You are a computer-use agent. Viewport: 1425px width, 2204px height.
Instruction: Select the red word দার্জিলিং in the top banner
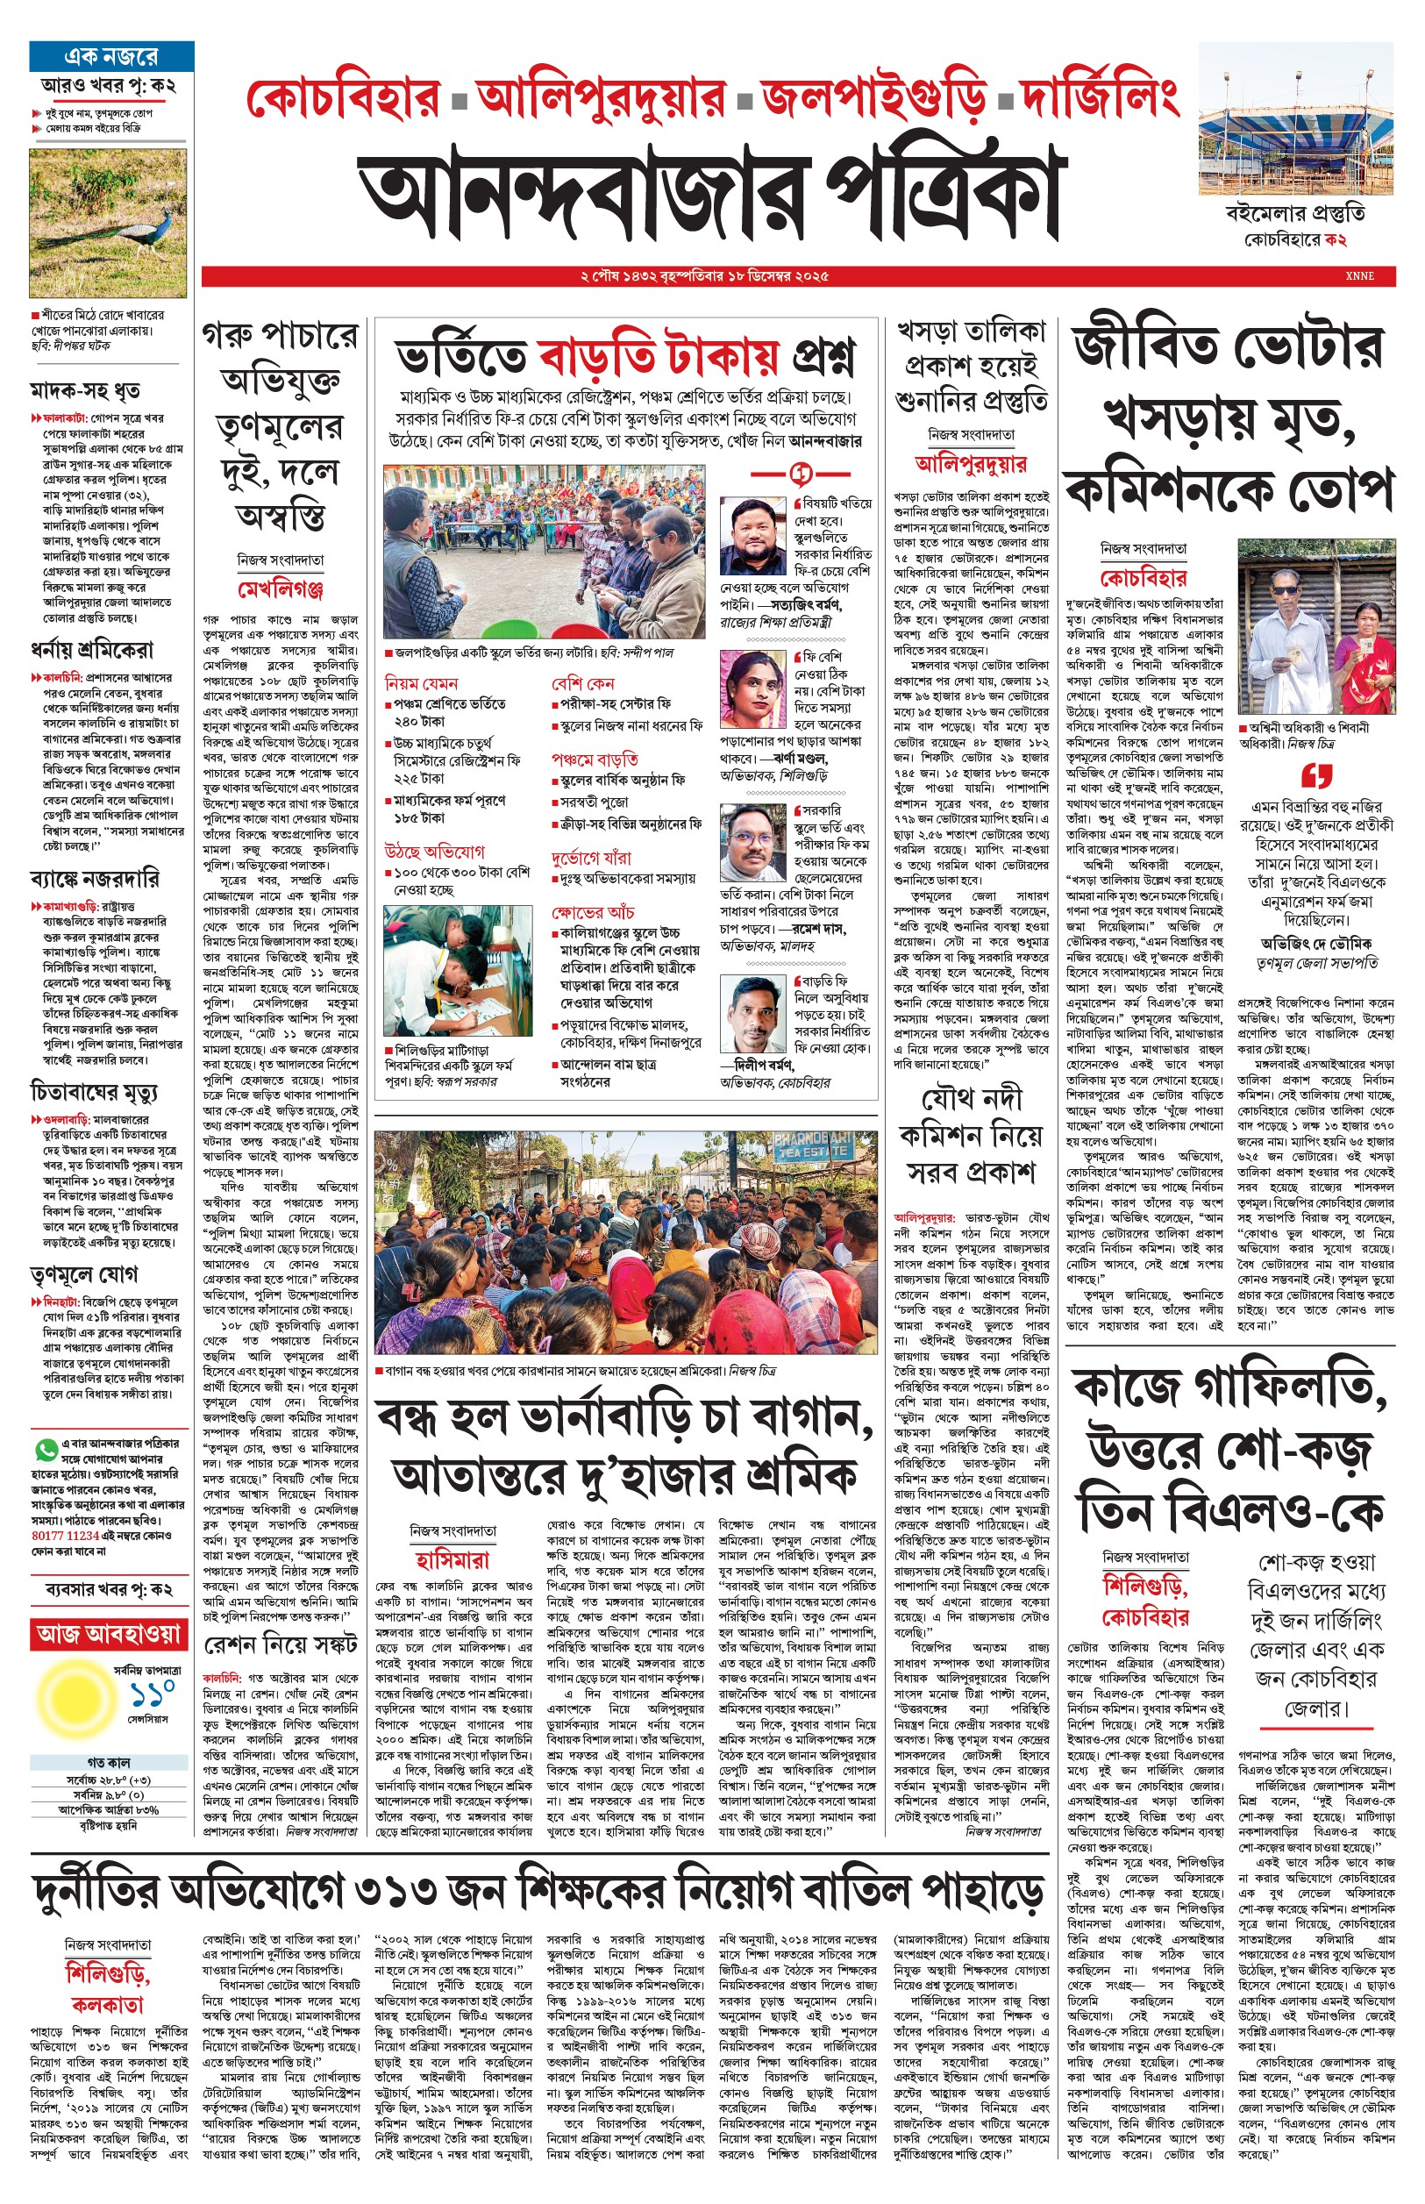click(x=1099, y=98)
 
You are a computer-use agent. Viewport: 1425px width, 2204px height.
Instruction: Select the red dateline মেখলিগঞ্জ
click(x=281, y=589)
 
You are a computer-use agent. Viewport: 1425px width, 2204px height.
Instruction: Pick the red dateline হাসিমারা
click(x=452, y=1560)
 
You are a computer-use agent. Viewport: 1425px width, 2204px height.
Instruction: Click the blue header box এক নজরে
click(x=111, y=56)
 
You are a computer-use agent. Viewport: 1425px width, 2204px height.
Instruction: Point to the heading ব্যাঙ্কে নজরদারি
click(x=95, y=878)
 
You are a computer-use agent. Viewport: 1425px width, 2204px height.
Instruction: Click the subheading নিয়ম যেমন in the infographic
click(x=422, y=683)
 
